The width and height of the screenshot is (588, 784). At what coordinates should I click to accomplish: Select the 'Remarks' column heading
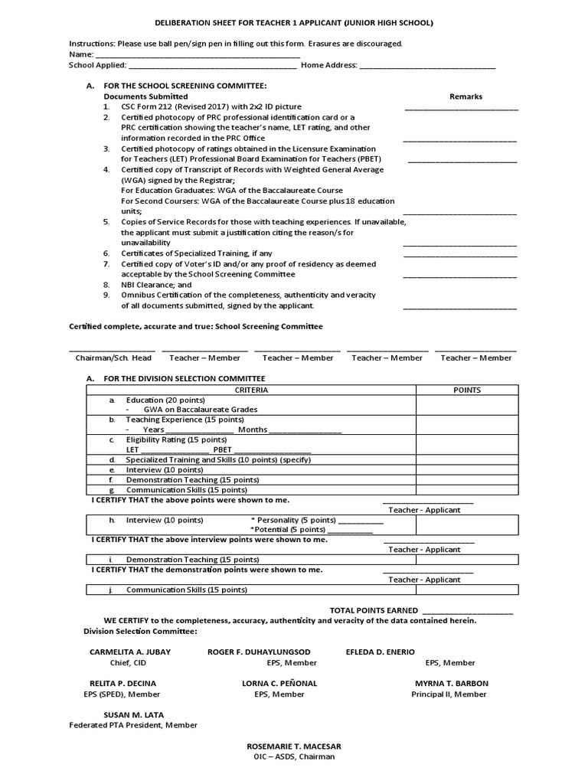465,96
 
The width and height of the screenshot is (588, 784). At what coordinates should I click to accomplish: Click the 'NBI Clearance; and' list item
156,284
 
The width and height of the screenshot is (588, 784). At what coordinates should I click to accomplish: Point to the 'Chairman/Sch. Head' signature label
113,358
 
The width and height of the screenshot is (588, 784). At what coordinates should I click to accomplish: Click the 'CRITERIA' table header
250,390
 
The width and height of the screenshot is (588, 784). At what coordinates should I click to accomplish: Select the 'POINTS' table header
467,390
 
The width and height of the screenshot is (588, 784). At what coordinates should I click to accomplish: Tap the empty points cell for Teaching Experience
467,425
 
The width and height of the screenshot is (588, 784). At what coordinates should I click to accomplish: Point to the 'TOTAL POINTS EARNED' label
374,610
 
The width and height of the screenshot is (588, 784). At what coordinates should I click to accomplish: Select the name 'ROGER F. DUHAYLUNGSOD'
260,652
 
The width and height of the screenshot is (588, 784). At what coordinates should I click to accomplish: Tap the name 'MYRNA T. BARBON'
452,683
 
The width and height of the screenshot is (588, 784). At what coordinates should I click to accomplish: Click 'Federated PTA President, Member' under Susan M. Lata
133,725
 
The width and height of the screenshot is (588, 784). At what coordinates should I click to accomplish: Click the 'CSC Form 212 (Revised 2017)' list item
211,107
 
